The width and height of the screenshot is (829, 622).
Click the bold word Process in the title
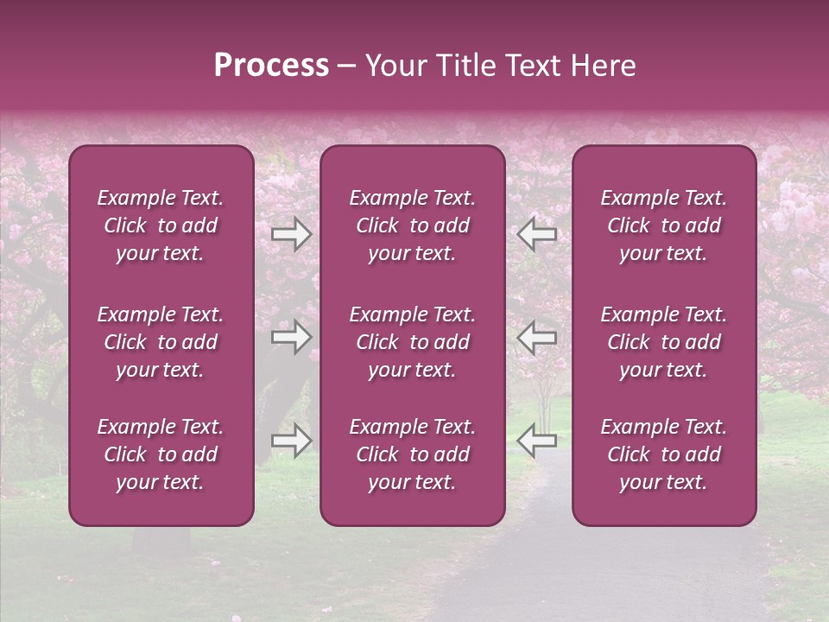coord(271,66)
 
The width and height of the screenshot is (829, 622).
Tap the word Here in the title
coord(601,66)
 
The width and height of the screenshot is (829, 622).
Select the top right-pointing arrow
coord(291,233)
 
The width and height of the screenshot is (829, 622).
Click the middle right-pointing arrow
coord(291,337)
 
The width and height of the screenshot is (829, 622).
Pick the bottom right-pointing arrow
coord(291,441)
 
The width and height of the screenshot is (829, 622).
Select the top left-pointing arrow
coord(537,233)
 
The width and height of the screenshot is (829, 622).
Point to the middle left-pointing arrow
coord(537,337)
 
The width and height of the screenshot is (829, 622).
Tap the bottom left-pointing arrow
coord(537,441)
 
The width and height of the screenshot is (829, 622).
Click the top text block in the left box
coord(161,225)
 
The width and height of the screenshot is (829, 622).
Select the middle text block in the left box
coord(161,342)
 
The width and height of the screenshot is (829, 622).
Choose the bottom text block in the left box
coord(161,454)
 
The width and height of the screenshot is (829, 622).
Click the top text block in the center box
coord(413,225)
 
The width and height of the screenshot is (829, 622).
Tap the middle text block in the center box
coord(413,342)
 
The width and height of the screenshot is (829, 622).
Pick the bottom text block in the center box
coord(413,454)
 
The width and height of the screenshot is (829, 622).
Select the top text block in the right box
coord(664,225)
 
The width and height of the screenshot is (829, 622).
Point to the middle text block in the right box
coord(664,342)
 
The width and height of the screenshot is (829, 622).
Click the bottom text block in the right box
coord(664,454)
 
